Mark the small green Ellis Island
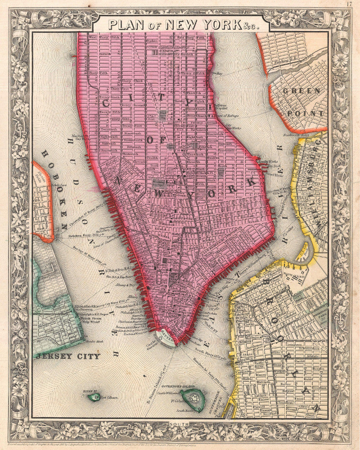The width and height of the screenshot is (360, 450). tap(94, 397)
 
